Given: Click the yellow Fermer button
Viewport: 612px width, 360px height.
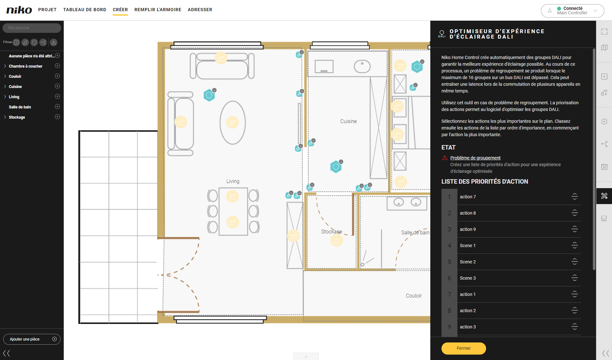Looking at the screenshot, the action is point(463,348).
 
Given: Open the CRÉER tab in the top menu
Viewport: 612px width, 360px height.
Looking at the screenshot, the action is point(120,10).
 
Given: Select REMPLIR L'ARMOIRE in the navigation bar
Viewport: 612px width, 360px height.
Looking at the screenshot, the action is point(158,10).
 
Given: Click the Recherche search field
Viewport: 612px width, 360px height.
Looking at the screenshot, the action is point(32,28).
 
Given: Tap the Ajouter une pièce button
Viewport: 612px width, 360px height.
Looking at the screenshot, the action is point(32,339).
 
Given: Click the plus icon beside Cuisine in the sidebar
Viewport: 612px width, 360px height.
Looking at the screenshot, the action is point(57,86).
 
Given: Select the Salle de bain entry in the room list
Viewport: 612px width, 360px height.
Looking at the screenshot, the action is point(20,107).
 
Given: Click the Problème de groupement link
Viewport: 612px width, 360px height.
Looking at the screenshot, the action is point(475,158).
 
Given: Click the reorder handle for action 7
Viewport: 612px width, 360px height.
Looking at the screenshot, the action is point(575,197).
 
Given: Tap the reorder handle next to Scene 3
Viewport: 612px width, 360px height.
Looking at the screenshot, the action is point(575,278).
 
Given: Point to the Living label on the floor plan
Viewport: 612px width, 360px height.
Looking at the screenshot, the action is point(233,181).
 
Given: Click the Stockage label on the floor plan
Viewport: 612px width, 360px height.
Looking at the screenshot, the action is point(331,231).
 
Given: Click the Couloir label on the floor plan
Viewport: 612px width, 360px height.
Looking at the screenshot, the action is point(414,296).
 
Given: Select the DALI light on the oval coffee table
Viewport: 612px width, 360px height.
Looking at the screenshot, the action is point(232,122).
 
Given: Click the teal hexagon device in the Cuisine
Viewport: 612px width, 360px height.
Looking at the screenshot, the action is point(336,166).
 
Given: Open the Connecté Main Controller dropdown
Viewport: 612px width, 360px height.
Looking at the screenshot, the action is point(572,11).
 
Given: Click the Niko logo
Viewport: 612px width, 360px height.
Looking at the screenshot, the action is point(19,10).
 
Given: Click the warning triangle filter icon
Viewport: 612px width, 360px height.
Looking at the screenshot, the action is point(54,42).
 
